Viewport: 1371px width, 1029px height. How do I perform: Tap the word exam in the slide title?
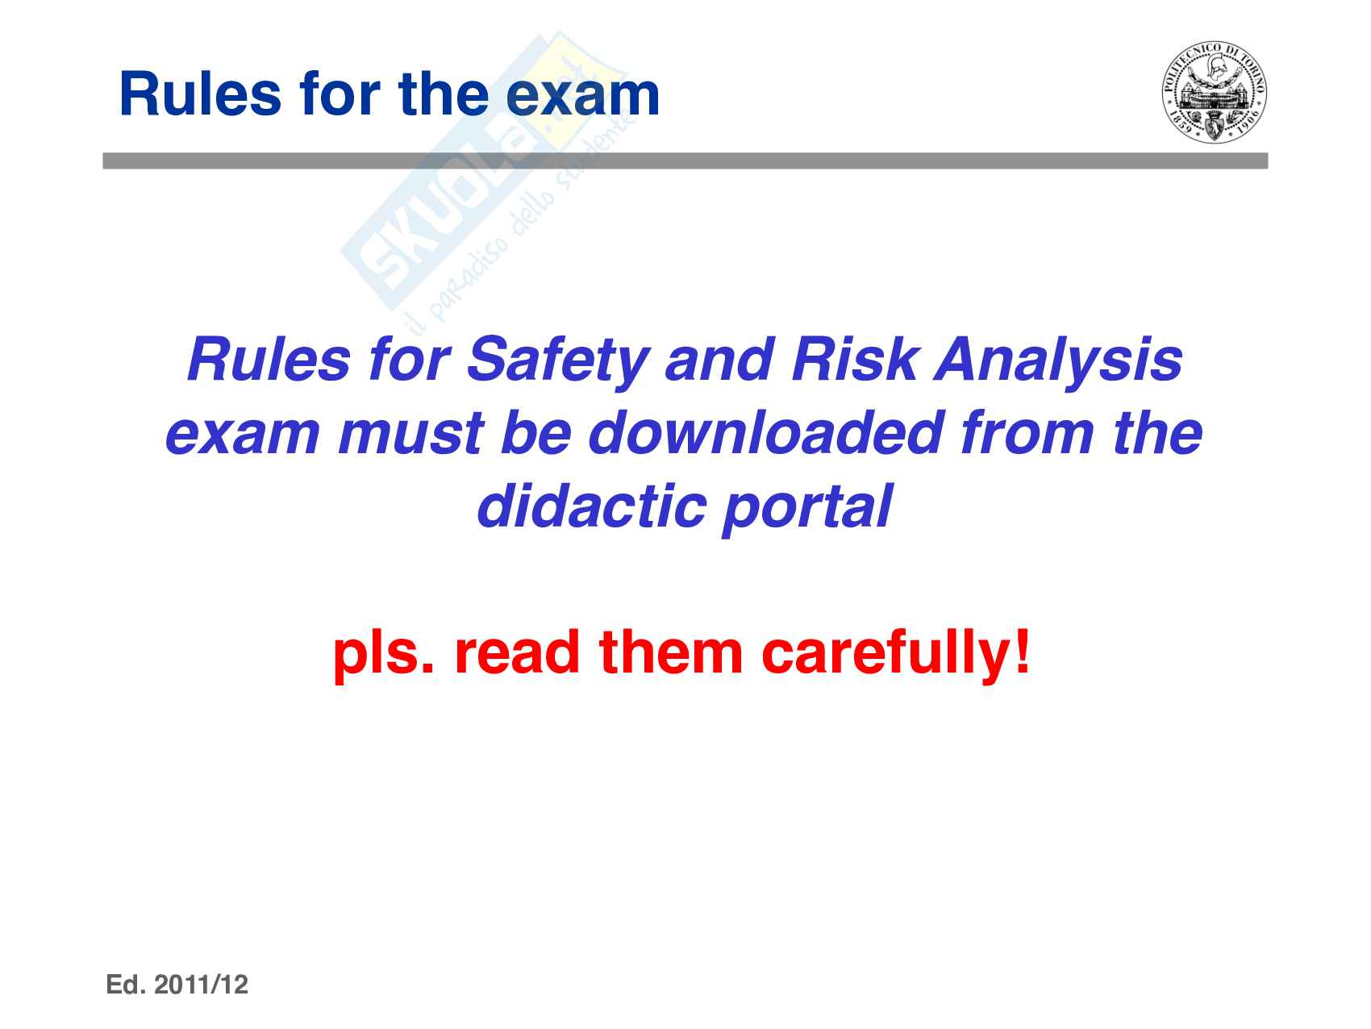click(x=583, y=95)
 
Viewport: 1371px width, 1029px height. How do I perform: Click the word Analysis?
click(x=1058, y=362)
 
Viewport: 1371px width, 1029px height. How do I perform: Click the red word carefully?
click(x=896, y=655)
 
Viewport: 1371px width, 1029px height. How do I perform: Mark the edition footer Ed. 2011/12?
click(x=177, y=985)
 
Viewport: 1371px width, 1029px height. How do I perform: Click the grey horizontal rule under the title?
click(x=685, y=160)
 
